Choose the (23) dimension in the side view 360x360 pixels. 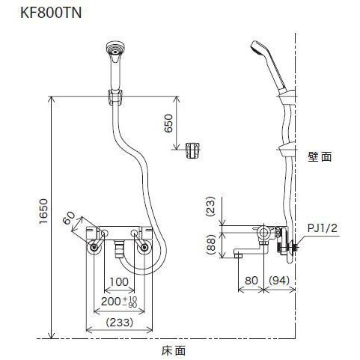point(212,207)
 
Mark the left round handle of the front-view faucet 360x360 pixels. point(95,247)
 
